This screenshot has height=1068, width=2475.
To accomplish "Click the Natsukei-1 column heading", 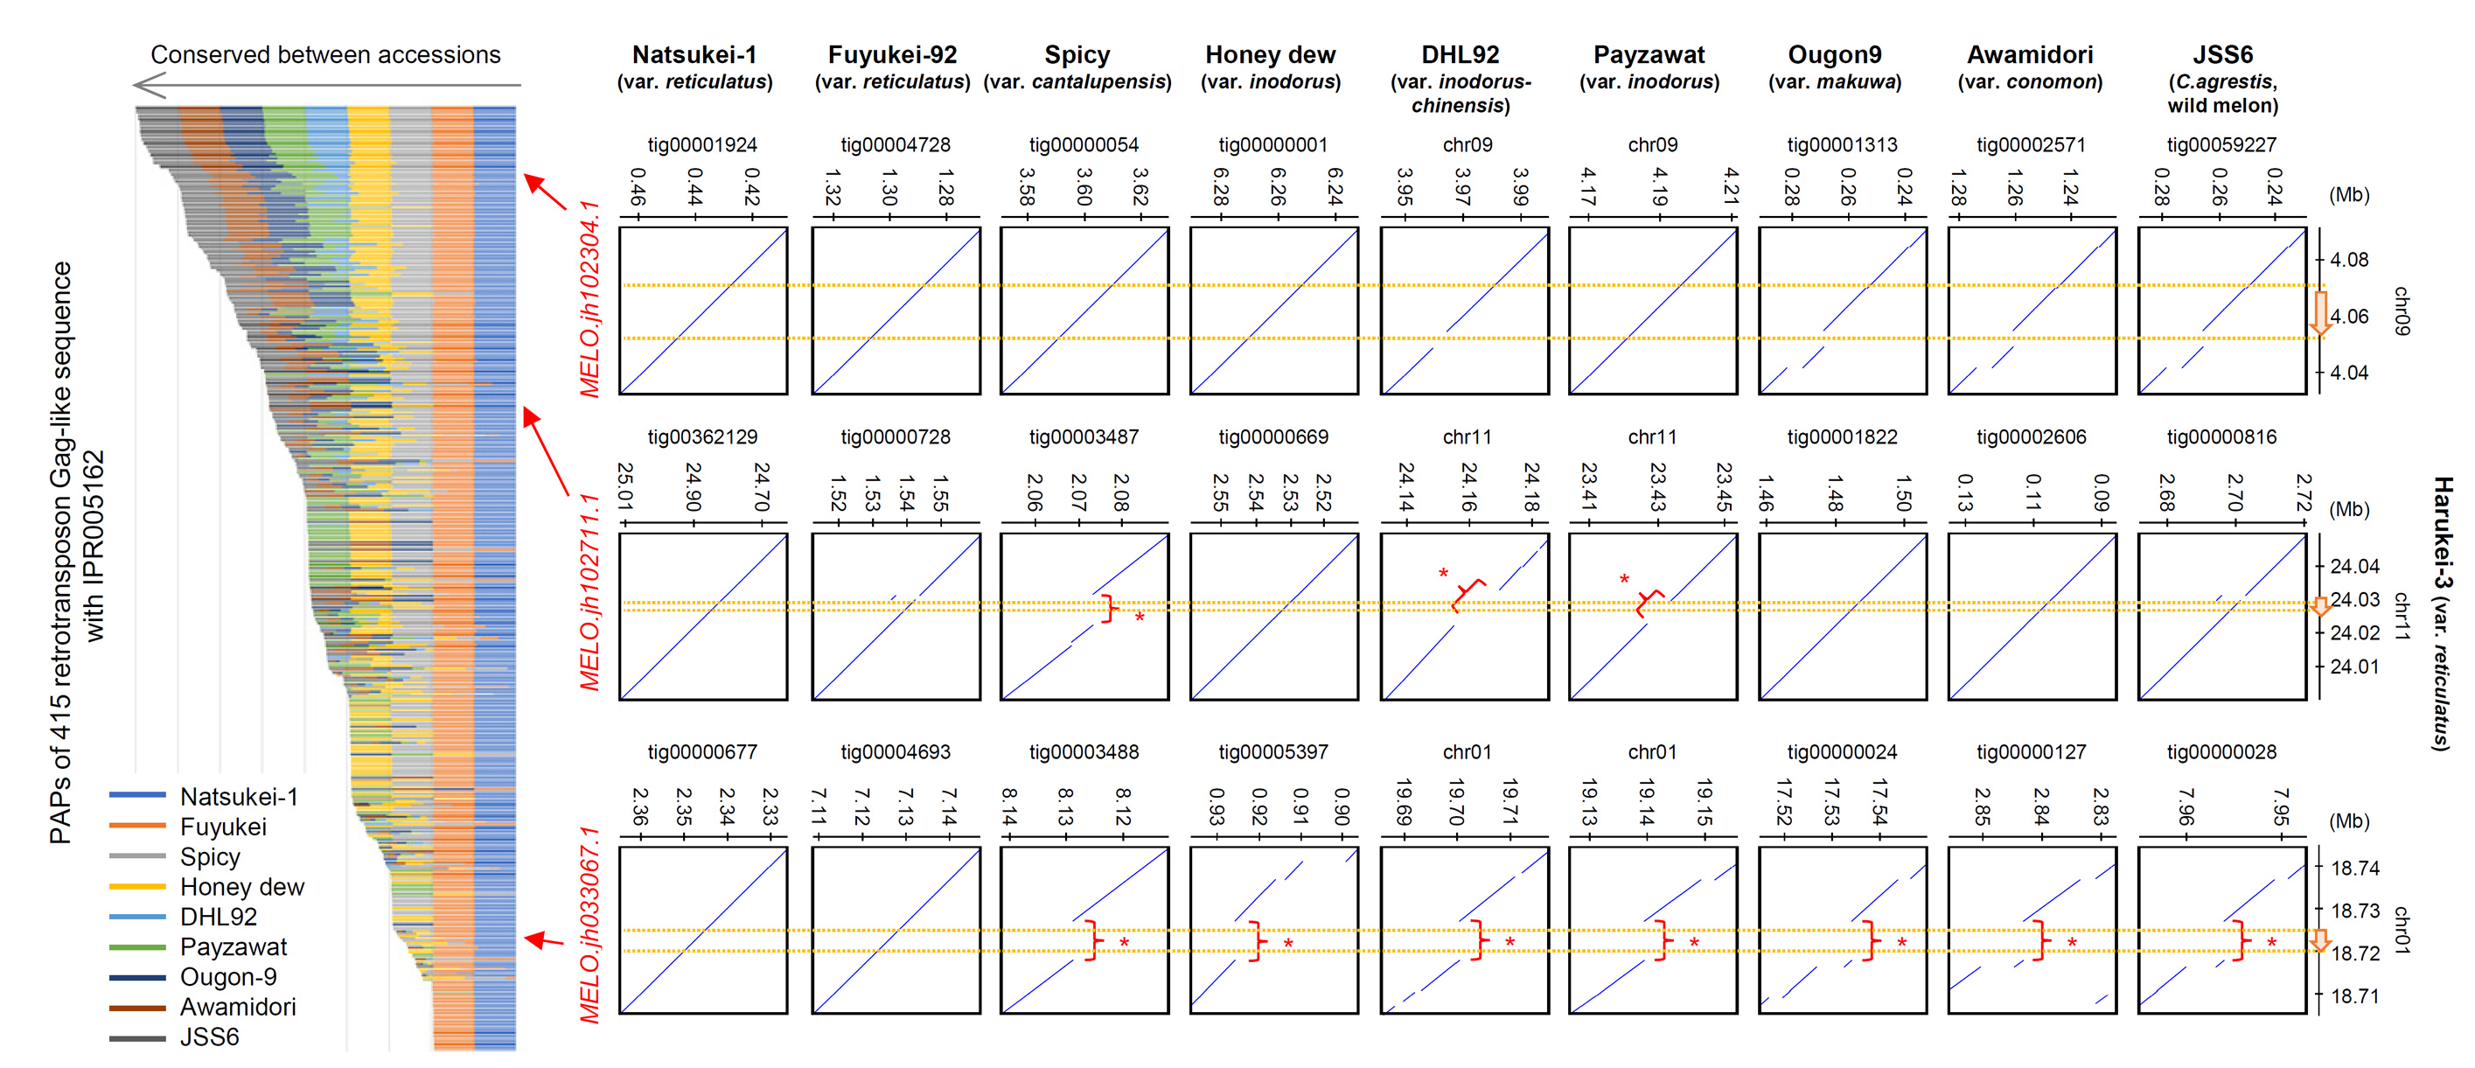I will (694, 55).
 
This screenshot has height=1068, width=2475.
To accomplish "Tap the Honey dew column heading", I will (1269, 55).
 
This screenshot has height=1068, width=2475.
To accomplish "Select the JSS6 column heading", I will (2221, 55).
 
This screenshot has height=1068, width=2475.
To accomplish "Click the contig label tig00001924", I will (701, 145).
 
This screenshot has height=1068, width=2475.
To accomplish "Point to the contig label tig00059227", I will (2221, 145).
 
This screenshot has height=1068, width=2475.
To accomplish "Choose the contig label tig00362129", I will (701, 437).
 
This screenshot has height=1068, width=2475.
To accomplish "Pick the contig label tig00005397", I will (1272, 751).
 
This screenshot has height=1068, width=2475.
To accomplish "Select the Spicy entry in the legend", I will (209, 856).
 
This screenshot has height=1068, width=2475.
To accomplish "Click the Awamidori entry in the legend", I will (237, 1007).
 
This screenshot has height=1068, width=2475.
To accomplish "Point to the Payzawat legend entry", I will (233, 947).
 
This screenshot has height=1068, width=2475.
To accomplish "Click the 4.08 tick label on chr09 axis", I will (2349, 260).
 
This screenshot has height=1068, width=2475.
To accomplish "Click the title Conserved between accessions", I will (325, 55).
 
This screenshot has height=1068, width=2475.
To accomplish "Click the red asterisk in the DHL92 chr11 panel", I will (1443, 574).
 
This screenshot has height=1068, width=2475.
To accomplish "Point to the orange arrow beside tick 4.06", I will (2320, 313).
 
